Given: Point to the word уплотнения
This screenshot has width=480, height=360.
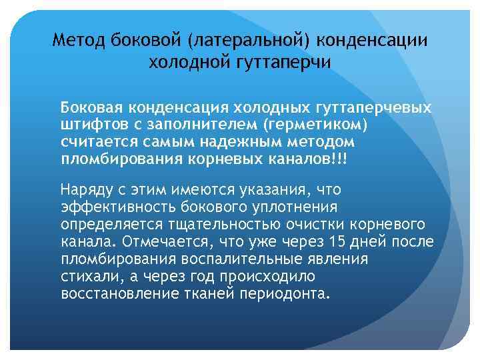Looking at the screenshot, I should (x=296, y=207).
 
